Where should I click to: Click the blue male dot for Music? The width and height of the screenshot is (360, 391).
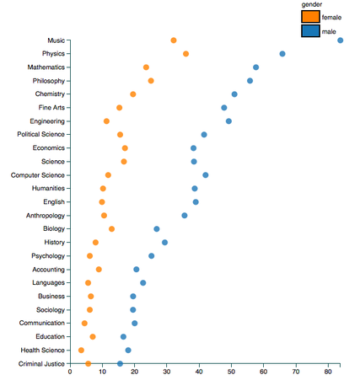click(x=340, y=40)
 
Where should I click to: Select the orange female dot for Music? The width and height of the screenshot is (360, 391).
click(x=174, y=40)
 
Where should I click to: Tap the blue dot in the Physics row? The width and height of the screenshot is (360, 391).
click(x=282, y=54)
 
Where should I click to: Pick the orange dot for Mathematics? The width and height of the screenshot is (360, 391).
click(x=146, y=67)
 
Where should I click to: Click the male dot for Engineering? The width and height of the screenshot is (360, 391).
click(x=228, y=121)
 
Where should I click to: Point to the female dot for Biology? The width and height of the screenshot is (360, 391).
click(x=111, y=229)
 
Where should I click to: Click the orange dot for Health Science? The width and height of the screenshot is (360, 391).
click(x=81, y=351)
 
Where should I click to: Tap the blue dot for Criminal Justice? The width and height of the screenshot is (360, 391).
click(x=120, y=364)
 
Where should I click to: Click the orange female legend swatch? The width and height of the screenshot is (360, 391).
click(x=310, y=17)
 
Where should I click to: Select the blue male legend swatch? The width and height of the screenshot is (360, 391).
click(x=310, y=31)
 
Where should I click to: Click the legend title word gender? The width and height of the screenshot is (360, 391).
click(x=312, y=5)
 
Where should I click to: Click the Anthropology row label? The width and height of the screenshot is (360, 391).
click(x=42, y=216)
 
